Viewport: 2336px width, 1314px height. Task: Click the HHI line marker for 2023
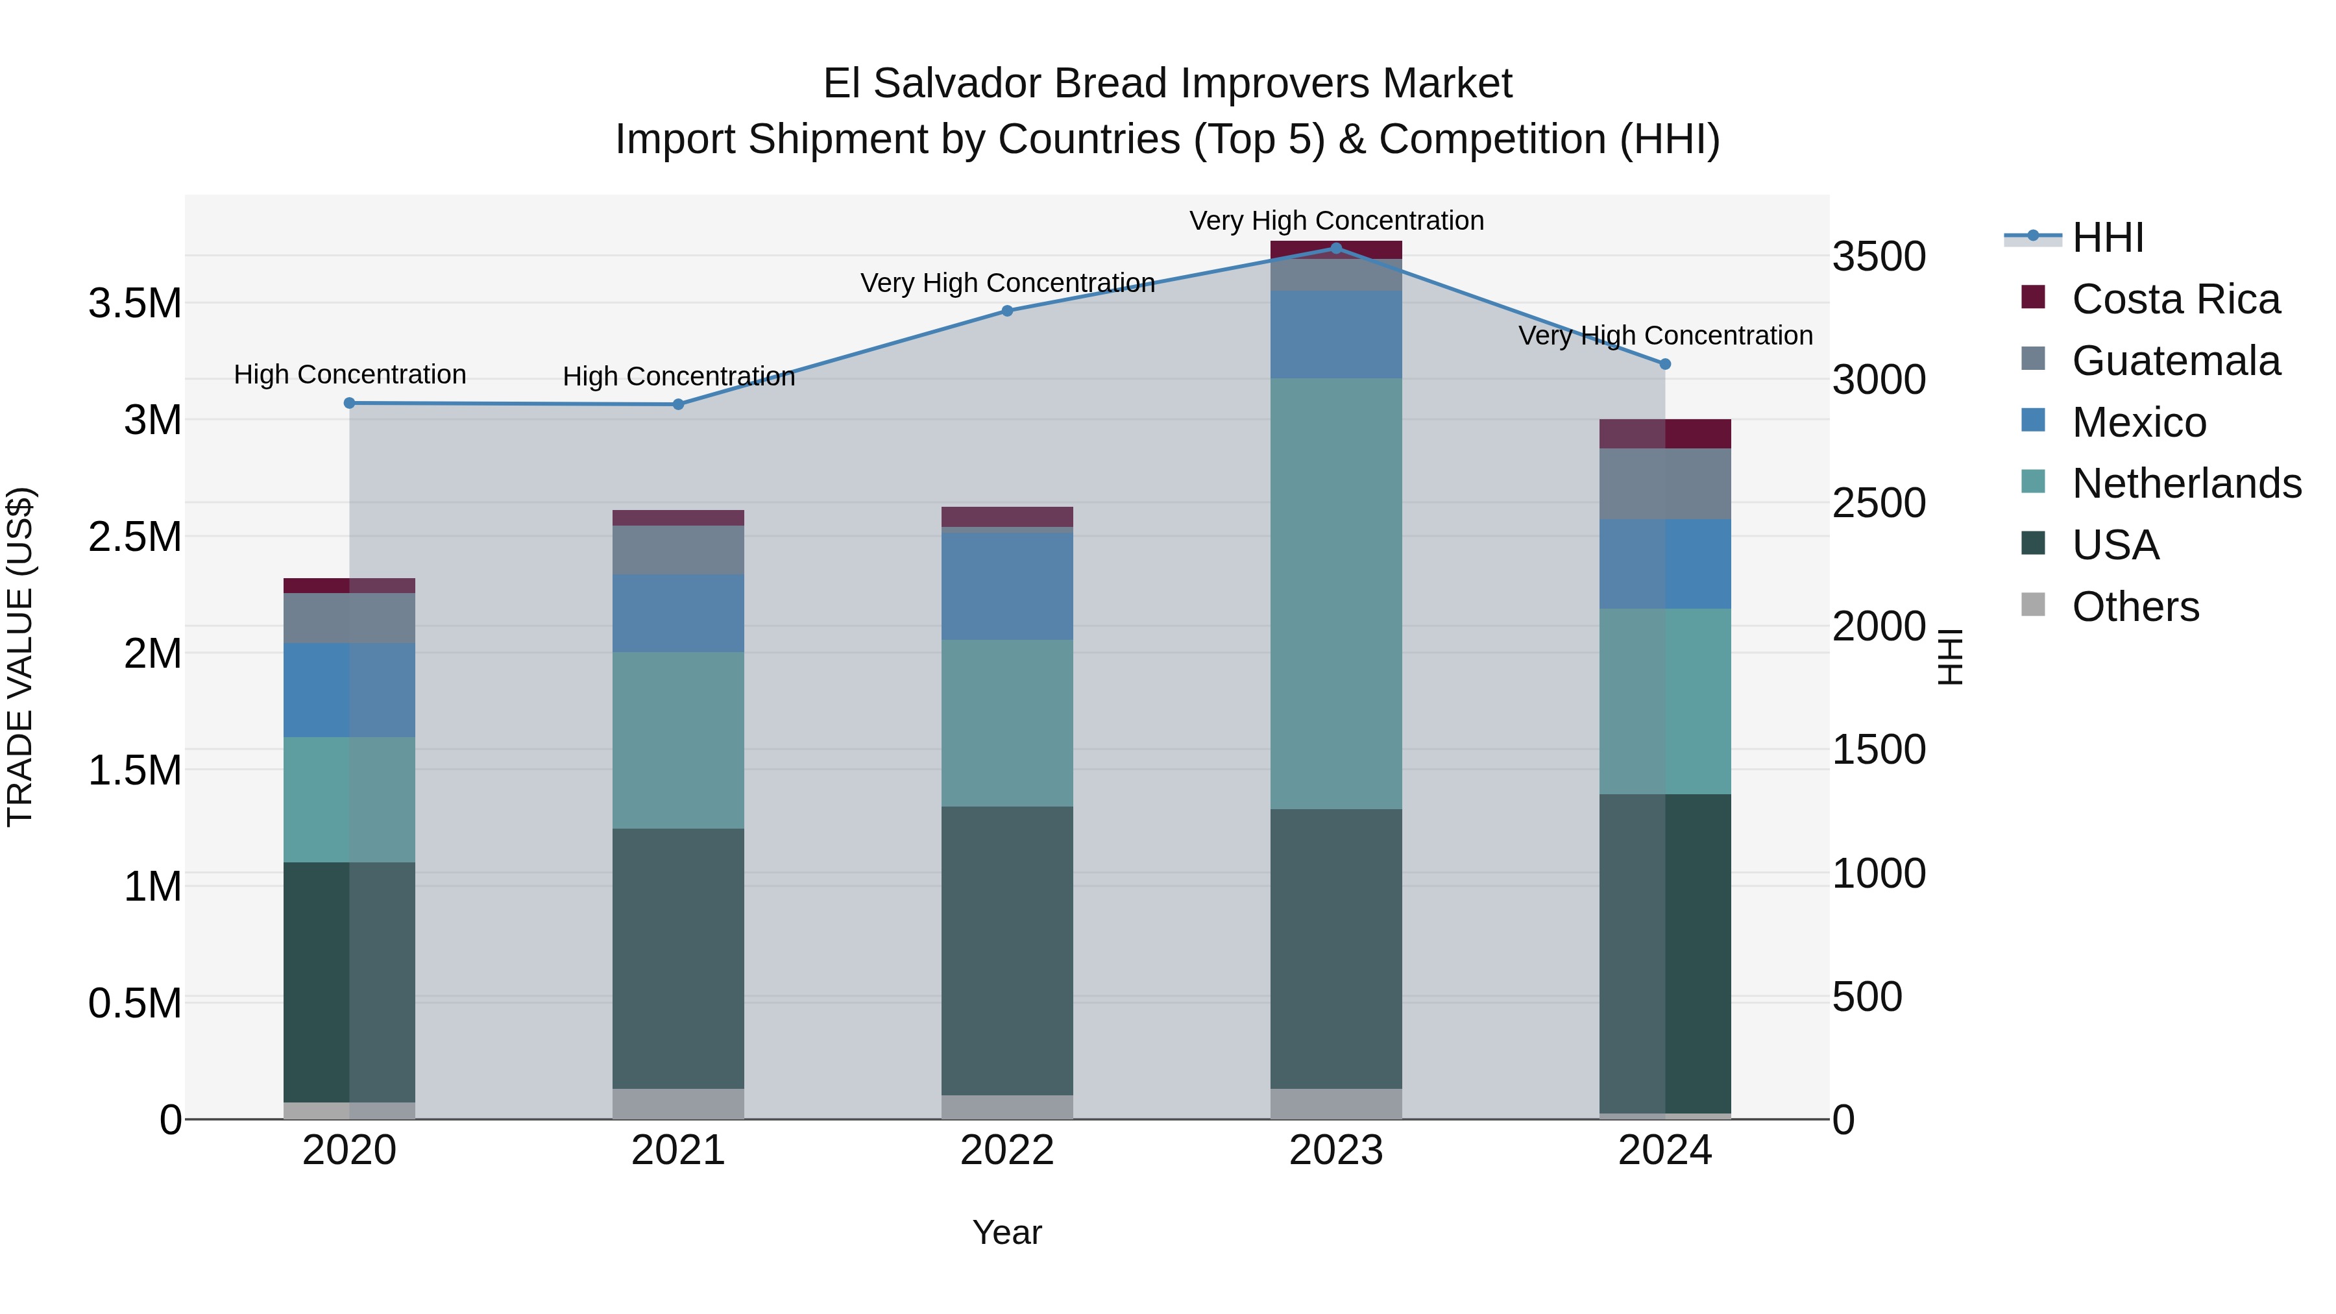click(1336, 248)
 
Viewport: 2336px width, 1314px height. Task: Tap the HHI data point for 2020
click(349, 402)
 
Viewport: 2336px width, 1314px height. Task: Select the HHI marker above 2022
click(1006, 310)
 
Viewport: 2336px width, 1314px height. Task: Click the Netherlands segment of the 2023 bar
click(1336, 594)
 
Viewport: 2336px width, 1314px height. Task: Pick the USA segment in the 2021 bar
click(677, 958)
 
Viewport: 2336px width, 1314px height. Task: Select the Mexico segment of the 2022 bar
click(1006, 586)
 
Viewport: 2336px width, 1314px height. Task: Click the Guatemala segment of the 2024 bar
click(1665, 483)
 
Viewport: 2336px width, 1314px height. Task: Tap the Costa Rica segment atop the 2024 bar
click(1665, 433)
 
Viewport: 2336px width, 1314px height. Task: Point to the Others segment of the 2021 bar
click(677, 1104)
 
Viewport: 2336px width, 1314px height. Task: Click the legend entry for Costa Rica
click(2174, 299)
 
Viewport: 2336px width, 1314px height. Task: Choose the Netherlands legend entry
click(2185, 483)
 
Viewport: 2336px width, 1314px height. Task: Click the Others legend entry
click(2135, 607)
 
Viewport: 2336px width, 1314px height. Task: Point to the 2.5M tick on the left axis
click(134, 537)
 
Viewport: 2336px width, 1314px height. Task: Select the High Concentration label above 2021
click(678, 376)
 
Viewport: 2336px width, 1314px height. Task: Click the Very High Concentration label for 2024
click(1665, 335)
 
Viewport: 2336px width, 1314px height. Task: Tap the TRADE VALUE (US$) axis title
click(20, 657)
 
